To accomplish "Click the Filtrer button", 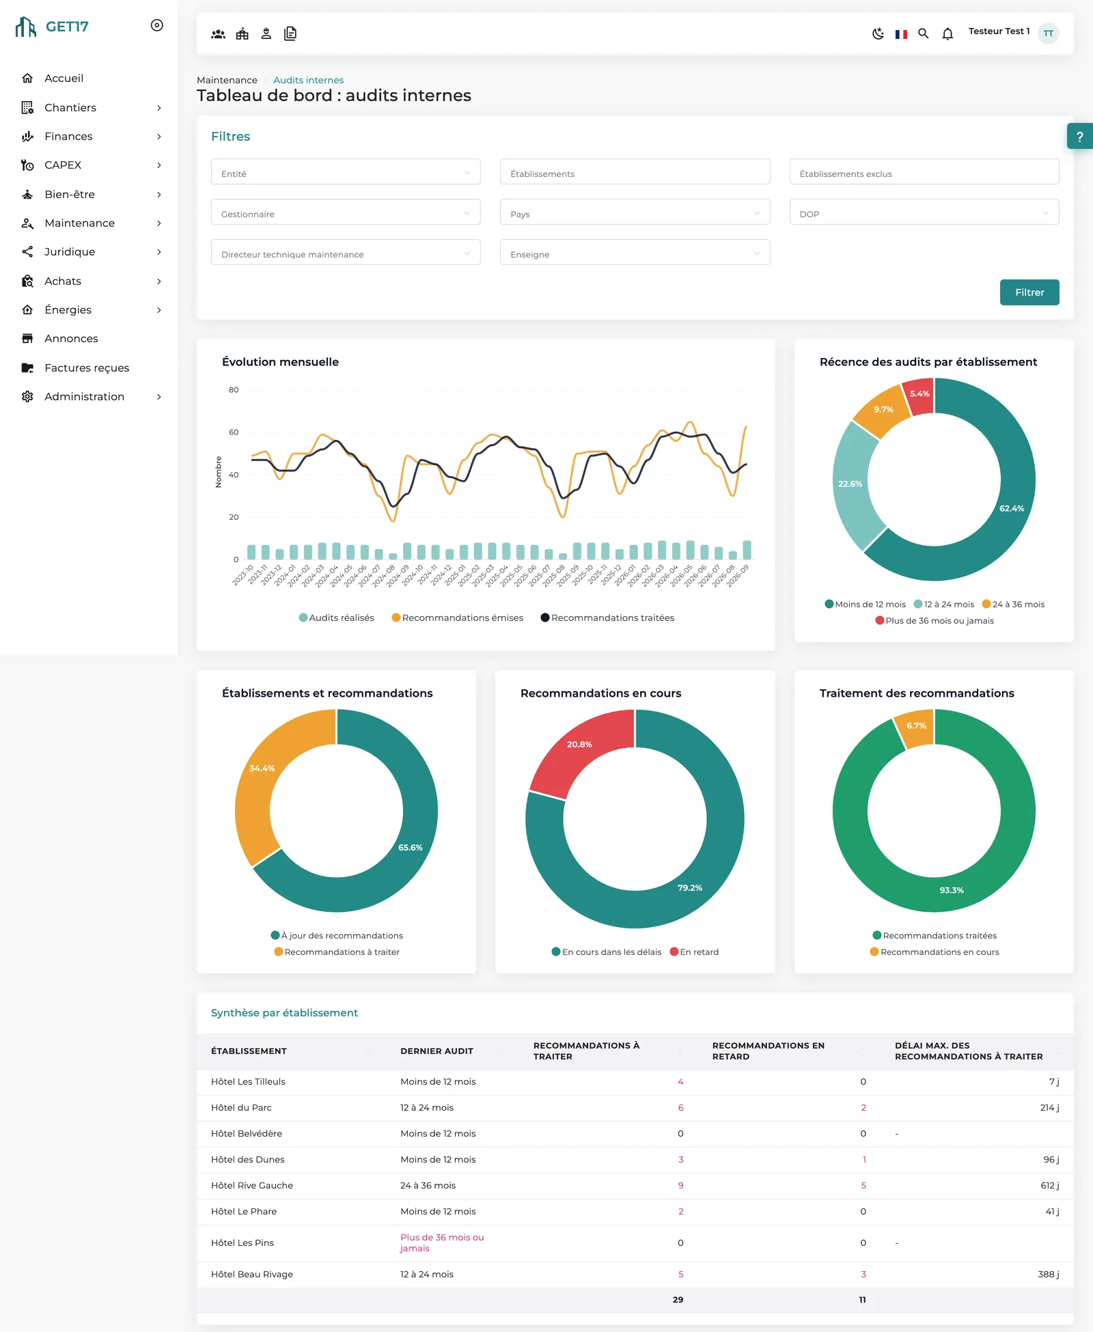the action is pos(1029,292).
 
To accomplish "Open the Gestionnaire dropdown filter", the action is pos(346,212).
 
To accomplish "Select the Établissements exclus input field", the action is pos(924,172).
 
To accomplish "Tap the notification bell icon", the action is pos(947,33).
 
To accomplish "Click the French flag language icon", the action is pos(901,34).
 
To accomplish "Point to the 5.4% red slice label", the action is pos(919,394).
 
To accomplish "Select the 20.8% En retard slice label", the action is pos(579,745).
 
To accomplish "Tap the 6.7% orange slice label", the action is pos(916,725).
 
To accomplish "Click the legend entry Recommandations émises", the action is pos(457,618).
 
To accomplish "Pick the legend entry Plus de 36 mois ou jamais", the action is pos(935,621).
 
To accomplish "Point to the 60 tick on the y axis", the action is pos(234,432).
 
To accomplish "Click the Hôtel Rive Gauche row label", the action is pos(252,1186).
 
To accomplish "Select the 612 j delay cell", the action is pos(1050,1186).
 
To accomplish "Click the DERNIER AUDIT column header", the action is pos(437,1051).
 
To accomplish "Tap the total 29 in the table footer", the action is pos(678,1300).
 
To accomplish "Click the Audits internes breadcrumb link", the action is pos(308,80).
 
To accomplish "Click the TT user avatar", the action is pos(1048,33).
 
